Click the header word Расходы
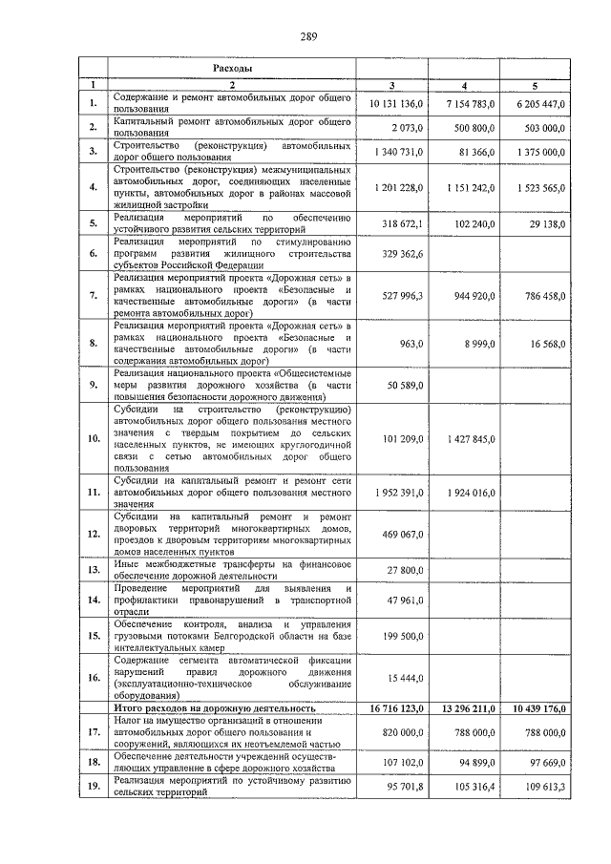(x=232, y=70)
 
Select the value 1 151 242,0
(x=465, y=188)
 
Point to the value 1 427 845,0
(x=465, y=439)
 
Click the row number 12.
(x=94, y=535)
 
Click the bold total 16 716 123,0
(x=391, y=708)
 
